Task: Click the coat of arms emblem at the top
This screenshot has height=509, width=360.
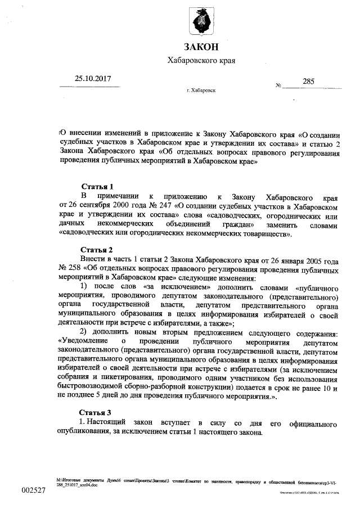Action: [x=201, y=21]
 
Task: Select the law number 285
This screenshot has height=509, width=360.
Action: [x=308, y=81]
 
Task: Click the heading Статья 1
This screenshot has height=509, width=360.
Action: [x=98, y=186]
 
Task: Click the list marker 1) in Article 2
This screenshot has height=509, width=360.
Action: [x=84, y=287]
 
